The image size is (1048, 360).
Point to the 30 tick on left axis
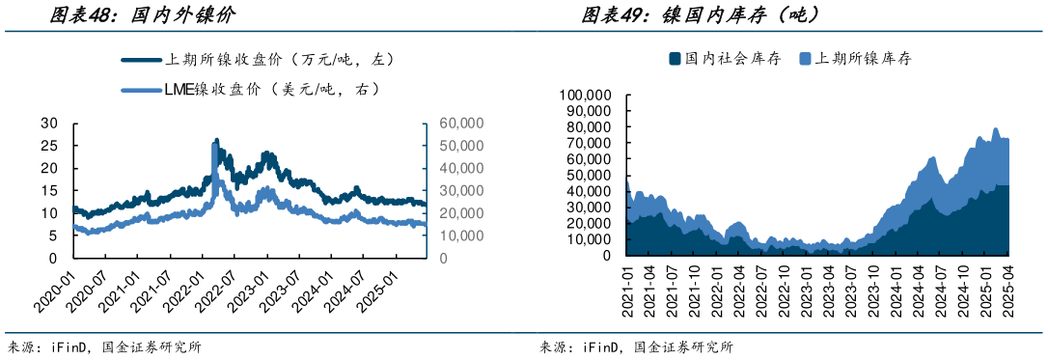49,124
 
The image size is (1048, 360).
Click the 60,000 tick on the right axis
461,124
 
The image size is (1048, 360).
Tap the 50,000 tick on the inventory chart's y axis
587,176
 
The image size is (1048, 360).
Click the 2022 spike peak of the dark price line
215,140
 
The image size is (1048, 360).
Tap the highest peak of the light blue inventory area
995,128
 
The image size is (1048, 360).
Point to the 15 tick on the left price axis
49,191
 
